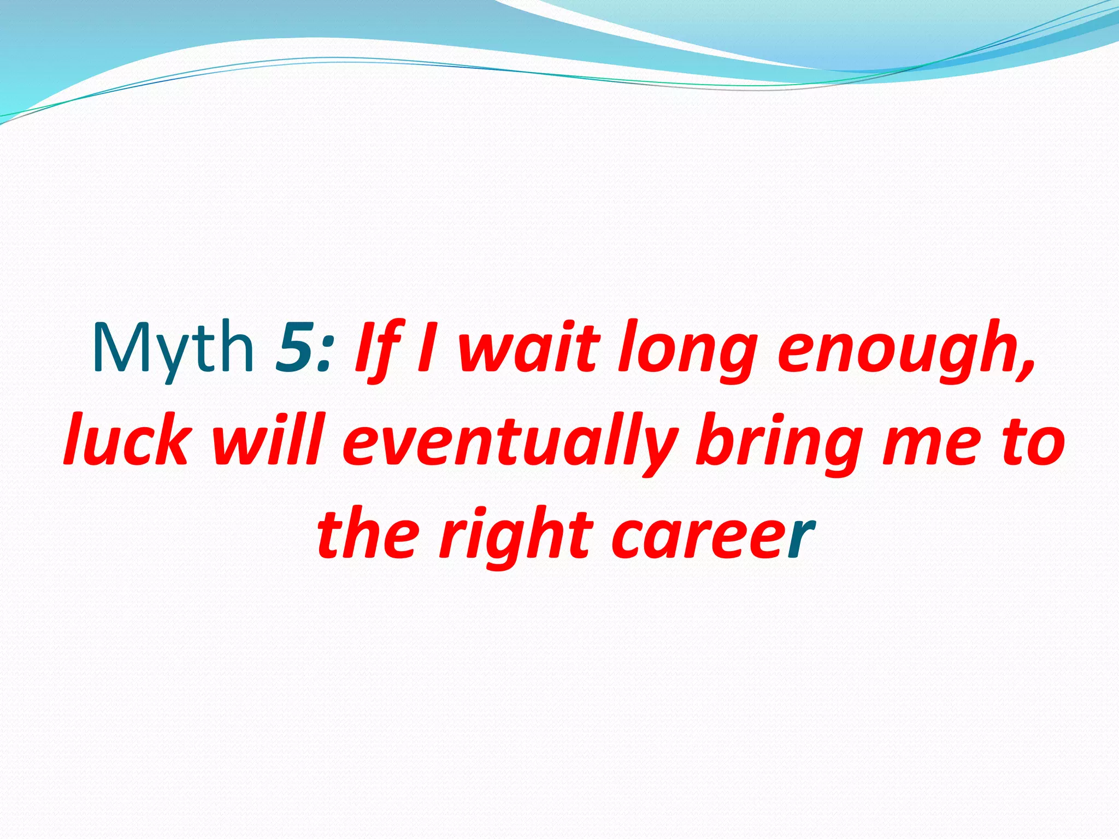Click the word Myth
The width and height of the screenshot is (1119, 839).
click(173, 348)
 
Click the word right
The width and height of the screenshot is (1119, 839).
click(516, 538)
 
